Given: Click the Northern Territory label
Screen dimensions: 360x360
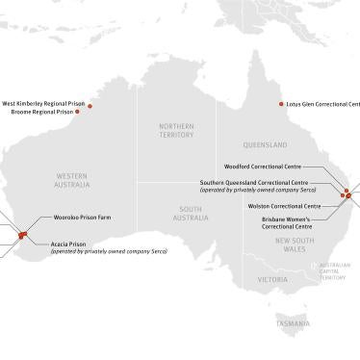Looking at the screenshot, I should pos(176,130).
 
